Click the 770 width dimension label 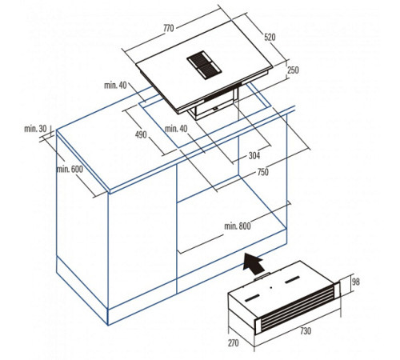(x=169, y=28)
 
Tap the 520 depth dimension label (x=270, y=37)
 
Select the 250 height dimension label (x=293, y=70)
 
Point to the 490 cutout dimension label (x=141, y=134)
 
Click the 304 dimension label (x=254, y=155)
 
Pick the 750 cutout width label (x=262, y=172)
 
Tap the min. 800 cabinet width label (x=238, y=226)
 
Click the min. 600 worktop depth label (x=70, y=169)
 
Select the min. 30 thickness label (x=35, y=129)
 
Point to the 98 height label (x=356, y=282)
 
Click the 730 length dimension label (x=306, y=331)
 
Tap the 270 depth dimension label (x=234, y=343)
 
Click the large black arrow (x=253, y=263)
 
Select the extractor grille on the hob (x=204, y=65)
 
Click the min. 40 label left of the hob (x=115, y=86)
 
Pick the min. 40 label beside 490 (x=176, y=129)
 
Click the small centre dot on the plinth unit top (x=271, y=288)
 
